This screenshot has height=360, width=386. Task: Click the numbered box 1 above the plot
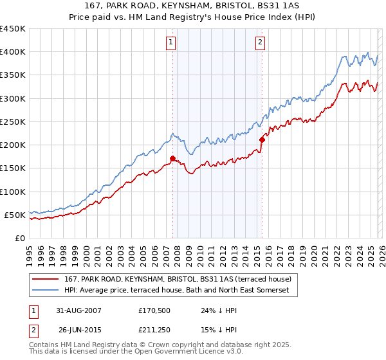[x=172, y=43]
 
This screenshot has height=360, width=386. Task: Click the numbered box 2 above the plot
[x=261, y=43]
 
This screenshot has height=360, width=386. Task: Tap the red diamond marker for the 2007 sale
[x=172, y=158]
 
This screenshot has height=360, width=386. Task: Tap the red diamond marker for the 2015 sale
[x=262, y=139]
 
